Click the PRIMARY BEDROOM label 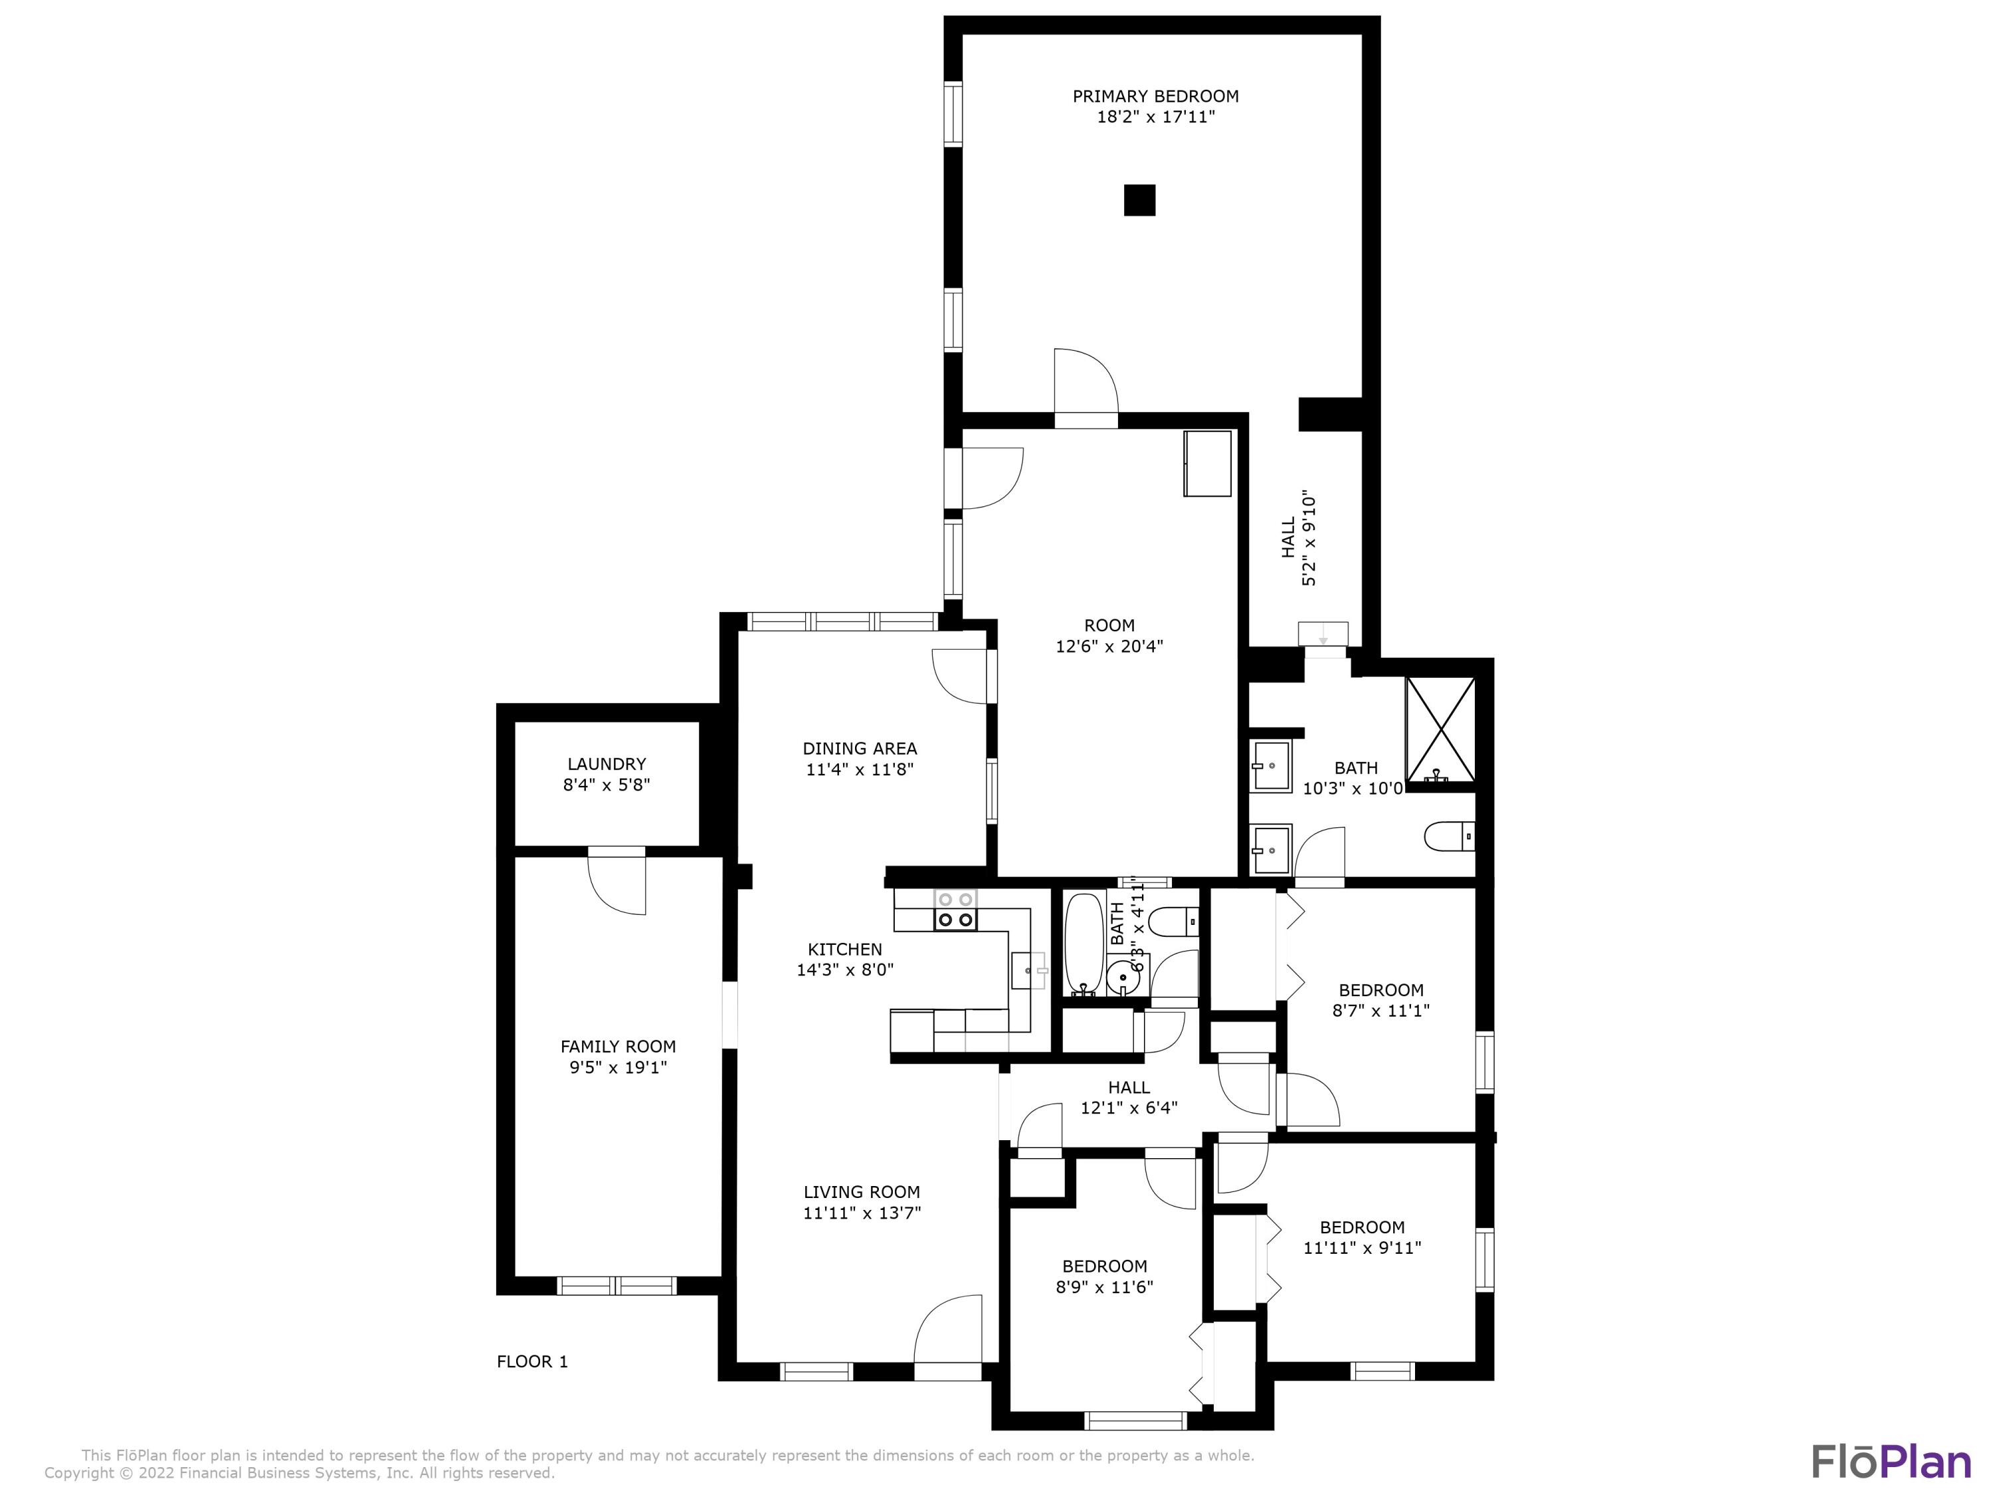pos(1155,96)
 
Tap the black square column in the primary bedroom pos(1139,200)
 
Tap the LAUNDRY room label pos(607,764)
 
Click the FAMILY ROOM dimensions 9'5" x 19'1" pos(618,1068)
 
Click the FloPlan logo pos(1890,1462)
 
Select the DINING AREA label pos(860,749)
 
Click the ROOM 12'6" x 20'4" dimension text pos(1109,646)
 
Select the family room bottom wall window pos(617,1286)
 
